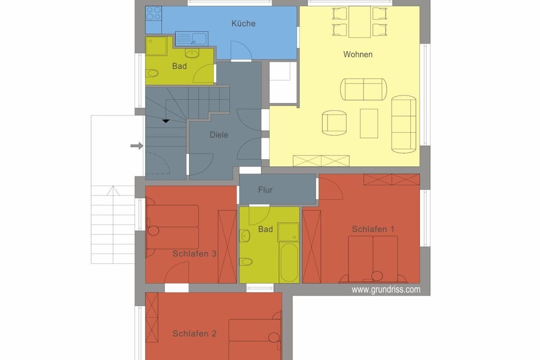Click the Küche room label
coord(244,23)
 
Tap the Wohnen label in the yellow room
coord(358,54)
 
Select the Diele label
coord(219,134)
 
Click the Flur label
coord(265,190)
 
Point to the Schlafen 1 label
coord(373,229)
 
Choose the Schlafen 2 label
coord(195,333)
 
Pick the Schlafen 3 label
coord(195,254)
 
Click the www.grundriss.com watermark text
coord(385,289)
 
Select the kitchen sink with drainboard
coord(191,38)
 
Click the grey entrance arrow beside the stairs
coord(137,146)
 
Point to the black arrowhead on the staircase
coord(166,121)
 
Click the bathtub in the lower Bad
coord(290,262)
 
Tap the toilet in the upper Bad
coord(152,73)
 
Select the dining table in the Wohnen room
coord(360,22)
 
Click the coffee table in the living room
coord(369,123)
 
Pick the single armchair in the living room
coord(334,123)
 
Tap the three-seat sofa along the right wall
coord(403,124)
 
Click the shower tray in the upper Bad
coord(156,46)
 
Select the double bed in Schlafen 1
coord(373,259)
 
